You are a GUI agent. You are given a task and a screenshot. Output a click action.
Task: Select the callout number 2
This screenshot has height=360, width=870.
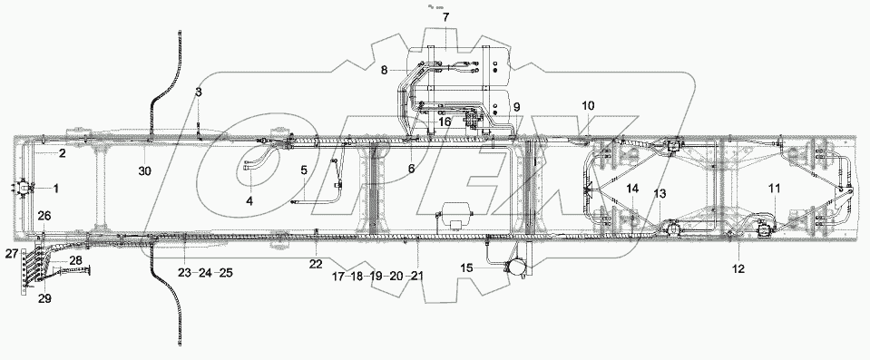pyautogui.click(x=63, y=153)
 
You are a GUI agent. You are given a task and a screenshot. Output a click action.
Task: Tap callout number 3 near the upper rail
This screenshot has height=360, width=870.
pyautogui.click(x=200, y=93)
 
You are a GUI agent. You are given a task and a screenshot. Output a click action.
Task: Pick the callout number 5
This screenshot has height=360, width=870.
pyautogui.click(x=304, y=170)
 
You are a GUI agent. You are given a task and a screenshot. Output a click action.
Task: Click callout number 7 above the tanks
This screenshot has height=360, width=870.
pyautogui.click(x=445, y=18)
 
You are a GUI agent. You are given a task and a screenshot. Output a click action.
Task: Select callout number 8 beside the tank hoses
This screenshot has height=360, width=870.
pyautogui.click(x=385, y=70)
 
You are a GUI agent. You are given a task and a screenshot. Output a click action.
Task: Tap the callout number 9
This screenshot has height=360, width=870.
pyautogui.click(x=516, y=107)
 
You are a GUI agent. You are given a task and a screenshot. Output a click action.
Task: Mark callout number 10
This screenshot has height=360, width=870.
pyautogui.click(x=587, y=106)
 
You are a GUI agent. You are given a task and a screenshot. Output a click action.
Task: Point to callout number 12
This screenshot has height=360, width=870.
pyautogui.click(x=738, y=268)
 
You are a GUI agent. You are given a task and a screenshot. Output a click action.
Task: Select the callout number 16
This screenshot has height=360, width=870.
pyautogui.click(x=445, y=121)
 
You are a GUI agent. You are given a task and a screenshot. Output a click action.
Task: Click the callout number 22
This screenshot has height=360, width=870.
pyautogui.click(x=315, y=263)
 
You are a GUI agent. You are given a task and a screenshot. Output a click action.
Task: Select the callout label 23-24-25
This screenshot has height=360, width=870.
pyautogui.click(x=206, y=271)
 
